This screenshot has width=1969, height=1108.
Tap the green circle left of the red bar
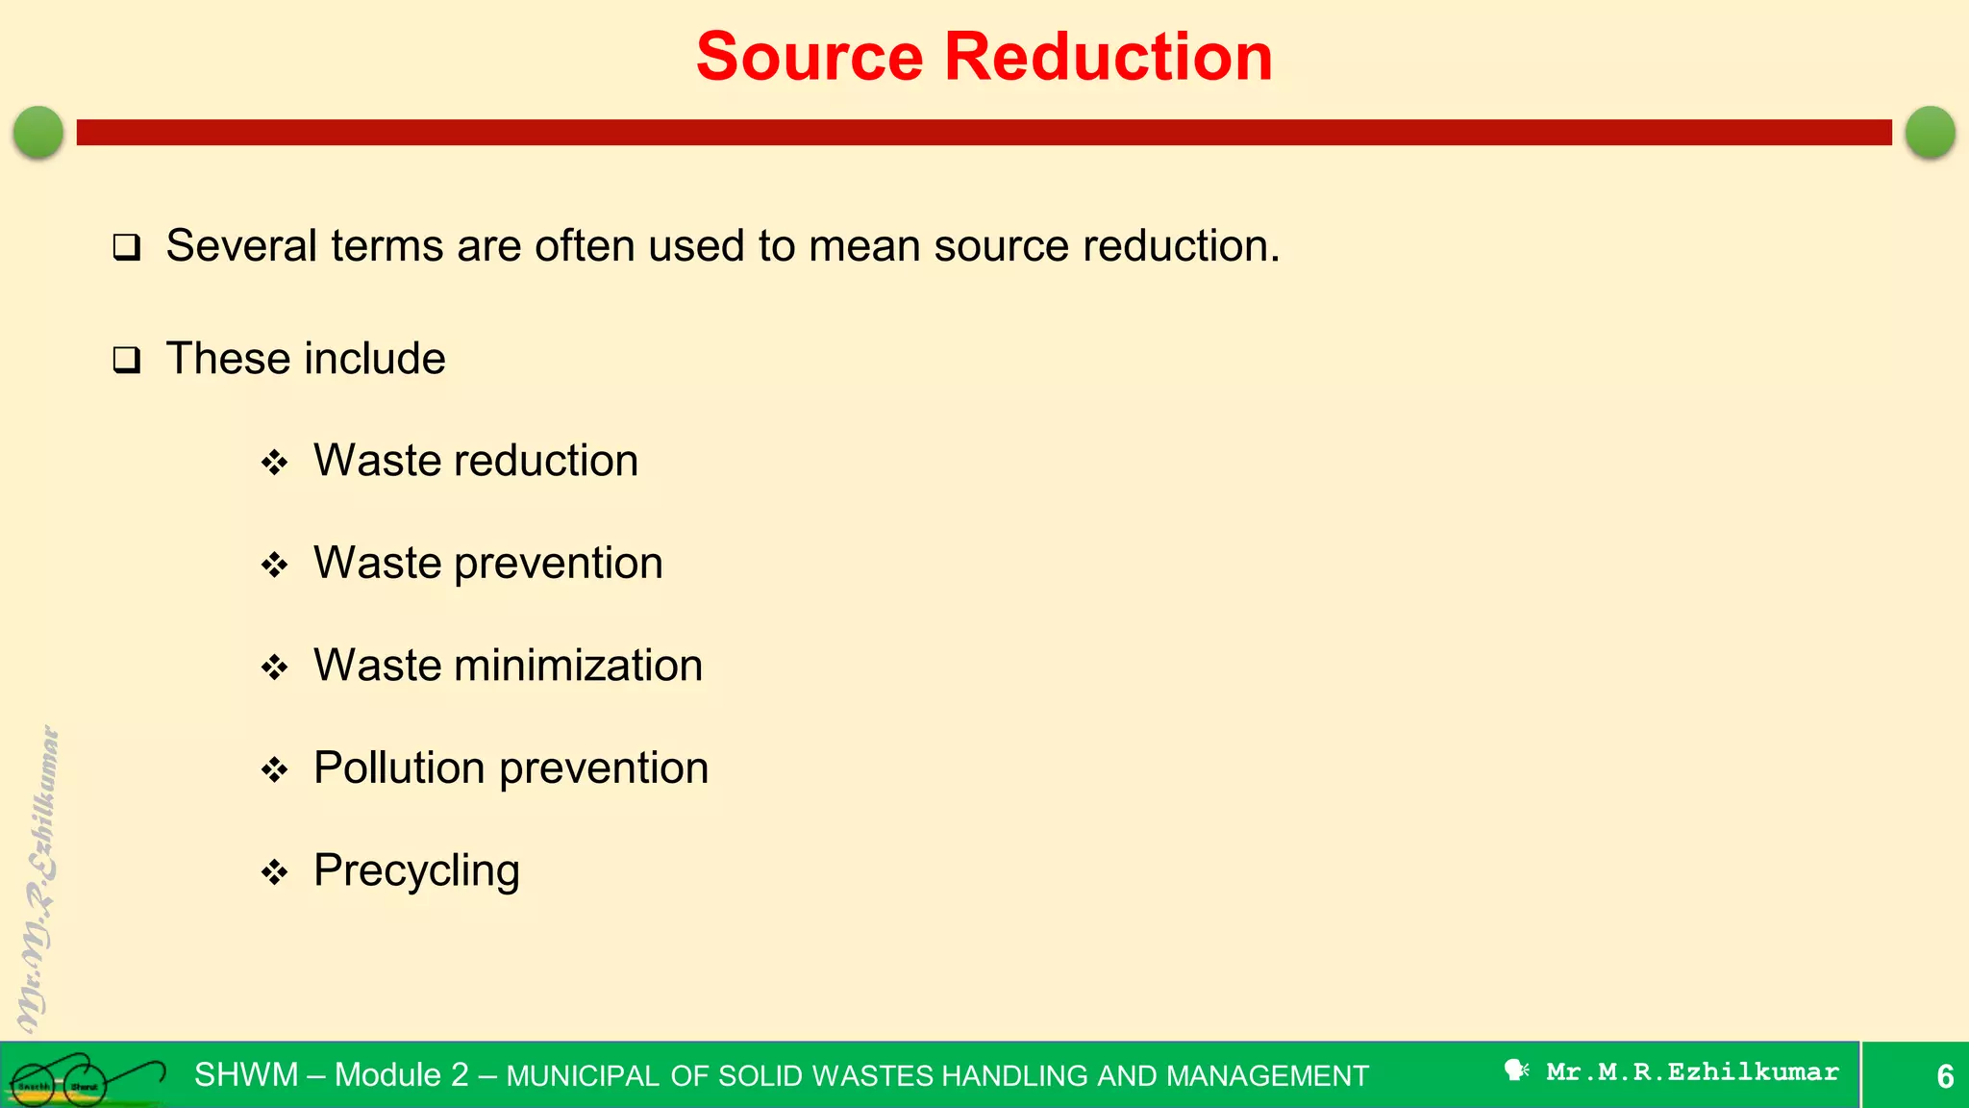pos(38,132)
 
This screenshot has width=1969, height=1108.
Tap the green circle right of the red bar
pos(1930,132)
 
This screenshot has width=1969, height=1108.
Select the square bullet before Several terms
pos(127,248)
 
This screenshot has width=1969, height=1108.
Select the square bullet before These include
pos(127,361)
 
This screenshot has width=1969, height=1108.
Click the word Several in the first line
pos(241,246)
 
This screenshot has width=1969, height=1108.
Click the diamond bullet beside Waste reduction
pos(275,463)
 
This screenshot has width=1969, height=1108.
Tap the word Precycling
pos(416,871)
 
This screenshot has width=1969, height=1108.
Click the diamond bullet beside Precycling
pos(275,872)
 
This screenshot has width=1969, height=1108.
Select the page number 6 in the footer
pos(1944,1075)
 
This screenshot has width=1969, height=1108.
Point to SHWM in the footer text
pos(246,1074)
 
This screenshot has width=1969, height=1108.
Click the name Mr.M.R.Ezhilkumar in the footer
pos(1692,1071)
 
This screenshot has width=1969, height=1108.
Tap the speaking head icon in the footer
pos(1516,1070)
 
